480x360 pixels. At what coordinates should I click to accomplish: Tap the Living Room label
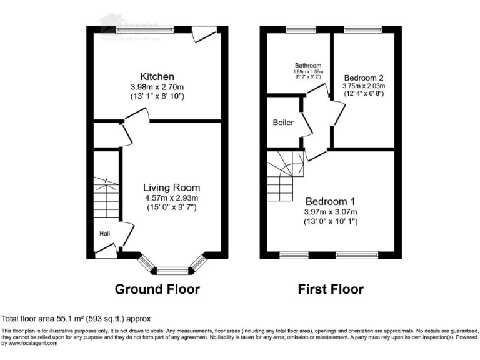(x=171, y=187)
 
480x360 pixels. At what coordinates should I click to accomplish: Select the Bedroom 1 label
(x=330, y=201)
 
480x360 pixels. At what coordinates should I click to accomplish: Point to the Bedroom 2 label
(x=363, y=77)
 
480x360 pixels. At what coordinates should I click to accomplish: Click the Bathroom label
(x=308, y=65)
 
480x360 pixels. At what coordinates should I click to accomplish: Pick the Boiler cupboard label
(x=283, y=122)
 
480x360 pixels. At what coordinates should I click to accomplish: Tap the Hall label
(x=104, y=234)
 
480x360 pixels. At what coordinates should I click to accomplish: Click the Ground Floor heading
(x=157, y=289)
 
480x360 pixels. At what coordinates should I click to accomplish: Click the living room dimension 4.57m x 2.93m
(x=171, y=198)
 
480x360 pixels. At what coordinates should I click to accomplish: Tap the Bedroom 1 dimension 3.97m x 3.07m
(x=330, y=212)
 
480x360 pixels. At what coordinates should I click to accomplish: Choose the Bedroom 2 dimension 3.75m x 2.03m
(x=363, y=86)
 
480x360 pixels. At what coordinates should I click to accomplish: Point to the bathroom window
(x=301, y=28)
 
